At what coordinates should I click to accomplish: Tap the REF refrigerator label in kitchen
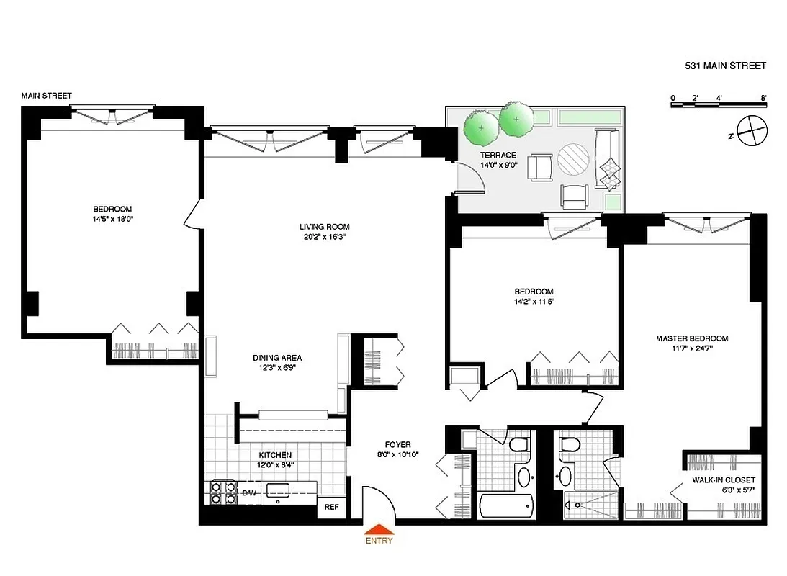click(x=331, y=507)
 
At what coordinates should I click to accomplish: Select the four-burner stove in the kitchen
click(x=222, y=493)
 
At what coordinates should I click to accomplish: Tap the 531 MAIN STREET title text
click(x=725, y=66)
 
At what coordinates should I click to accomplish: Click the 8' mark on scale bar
click(x=763, y=96)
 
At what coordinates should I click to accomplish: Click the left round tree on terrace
click(x=480, y=126)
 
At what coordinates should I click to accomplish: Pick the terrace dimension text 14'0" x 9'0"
click(x=499, y=166)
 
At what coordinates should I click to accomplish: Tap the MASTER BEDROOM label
click(x=691, y=338)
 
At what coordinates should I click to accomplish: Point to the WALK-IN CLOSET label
click(x=723, y=480)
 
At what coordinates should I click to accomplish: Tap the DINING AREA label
click(x=276, y=358)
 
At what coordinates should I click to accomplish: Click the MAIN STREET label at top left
click(x=46, y=96)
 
